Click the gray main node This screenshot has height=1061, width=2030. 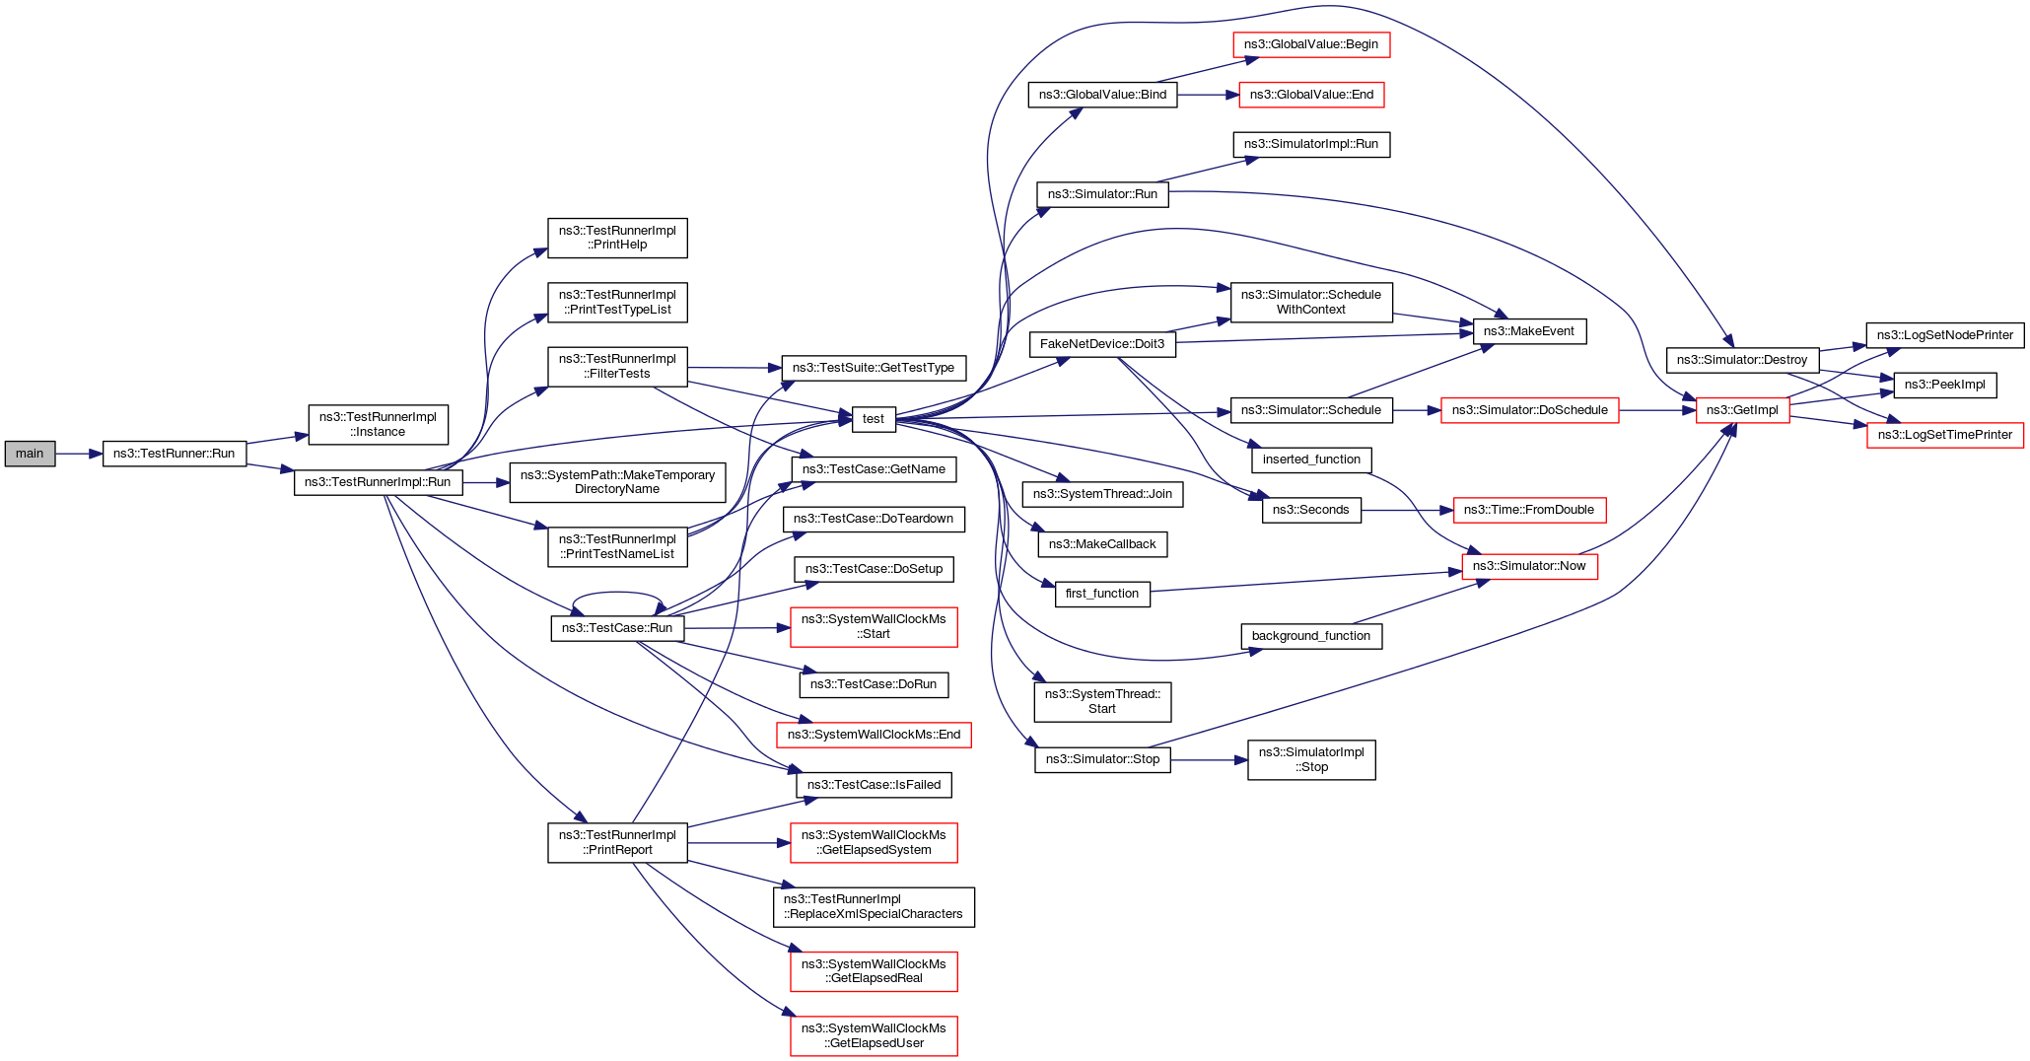tap(30, 454)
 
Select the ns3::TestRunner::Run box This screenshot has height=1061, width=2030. tap(175, 454)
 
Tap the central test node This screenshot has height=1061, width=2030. tap(874, 419)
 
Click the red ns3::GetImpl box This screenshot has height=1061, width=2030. tap(1742, 410)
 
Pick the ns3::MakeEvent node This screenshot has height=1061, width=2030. tap(1529, 331)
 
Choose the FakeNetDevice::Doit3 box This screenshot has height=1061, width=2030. tap(1102, 344)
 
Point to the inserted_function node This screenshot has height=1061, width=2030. tap(1311, 460)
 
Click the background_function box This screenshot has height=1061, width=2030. tap(1311, 636)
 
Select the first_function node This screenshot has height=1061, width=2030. tap(1102, 594)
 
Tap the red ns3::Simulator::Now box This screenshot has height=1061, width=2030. tap(1529, 566)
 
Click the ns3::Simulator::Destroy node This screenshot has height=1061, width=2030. tap(1742, 360)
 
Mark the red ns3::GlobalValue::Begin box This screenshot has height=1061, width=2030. tap(1311, 44)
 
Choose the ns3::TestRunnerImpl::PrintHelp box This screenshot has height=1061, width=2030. tap(617, 238)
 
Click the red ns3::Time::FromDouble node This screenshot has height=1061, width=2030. tap(1529, 510)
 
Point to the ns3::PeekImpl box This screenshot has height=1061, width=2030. tap(1944, 385)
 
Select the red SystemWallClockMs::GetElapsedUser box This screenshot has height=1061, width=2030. tap(874, 1035)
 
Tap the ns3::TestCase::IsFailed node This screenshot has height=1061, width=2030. tap(874, 785)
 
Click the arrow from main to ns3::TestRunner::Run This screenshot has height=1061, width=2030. tap(79, 454)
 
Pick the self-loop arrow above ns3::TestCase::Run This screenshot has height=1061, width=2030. tap(617, 594)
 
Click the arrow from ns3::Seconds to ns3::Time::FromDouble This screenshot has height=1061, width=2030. tap(1407, 510)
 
